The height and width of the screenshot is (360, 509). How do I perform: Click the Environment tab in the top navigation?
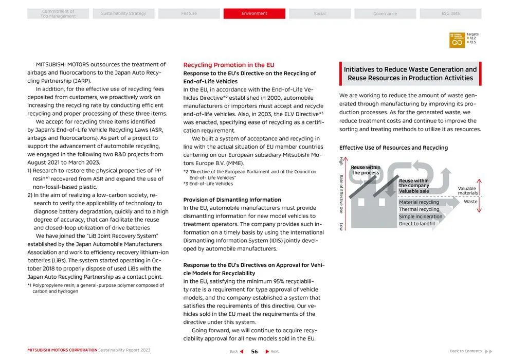(254, 13)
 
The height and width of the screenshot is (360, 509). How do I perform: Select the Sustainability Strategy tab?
(123, 13)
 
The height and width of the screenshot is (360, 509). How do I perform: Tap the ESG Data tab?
(450, 13)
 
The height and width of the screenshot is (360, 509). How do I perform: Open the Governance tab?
(385, 13)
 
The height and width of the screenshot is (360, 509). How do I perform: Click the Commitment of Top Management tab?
(58, 14)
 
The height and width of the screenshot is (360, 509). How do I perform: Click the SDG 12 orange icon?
(457, 40)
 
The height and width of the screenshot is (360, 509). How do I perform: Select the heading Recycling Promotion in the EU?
(229, 65)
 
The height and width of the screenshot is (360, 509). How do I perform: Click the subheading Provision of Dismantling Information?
(232, 200)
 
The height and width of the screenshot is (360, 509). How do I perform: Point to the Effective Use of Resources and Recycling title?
(393, 148)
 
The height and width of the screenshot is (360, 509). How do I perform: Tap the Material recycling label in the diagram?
(419, 202)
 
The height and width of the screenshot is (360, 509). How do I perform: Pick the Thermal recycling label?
(419, 209)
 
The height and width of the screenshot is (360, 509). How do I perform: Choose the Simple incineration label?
(420, 217)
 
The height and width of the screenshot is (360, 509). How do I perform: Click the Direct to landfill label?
(416, 224)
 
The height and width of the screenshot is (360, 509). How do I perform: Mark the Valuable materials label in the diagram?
(467, 191)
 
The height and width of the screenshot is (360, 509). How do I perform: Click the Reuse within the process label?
(366, 170)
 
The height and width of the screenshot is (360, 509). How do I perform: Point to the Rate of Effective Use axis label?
(341, 194)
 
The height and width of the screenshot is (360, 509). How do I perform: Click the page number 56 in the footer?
(254, 351)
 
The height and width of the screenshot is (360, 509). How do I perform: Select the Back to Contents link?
(469, 351)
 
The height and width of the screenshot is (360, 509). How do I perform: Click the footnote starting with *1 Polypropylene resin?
(96, 288)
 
